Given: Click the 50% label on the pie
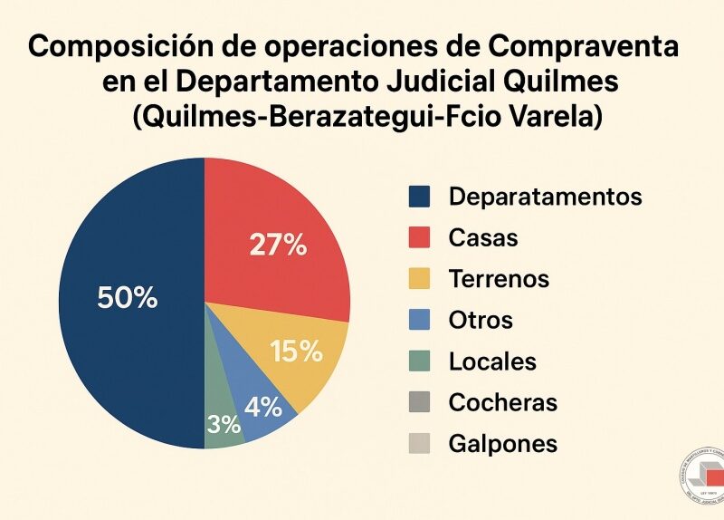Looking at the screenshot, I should point(127,297).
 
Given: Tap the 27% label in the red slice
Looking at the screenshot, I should point(277,245).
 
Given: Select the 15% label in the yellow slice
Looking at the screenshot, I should point(297,351).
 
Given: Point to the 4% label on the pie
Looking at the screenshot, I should point(263,406).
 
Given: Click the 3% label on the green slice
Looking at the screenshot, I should point(223,424).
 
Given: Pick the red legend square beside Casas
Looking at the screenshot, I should point(420,238).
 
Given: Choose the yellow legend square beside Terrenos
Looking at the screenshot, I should point(420,279).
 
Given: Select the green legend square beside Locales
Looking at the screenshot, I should point(420,361).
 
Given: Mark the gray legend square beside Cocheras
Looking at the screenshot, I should point(420,402).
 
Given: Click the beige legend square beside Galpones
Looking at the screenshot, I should point(420,444).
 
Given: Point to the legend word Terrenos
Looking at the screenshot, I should point(499,279).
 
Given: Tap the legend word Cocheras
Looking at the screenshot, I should point(502,402).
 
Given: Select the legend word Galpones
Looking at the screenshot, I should point(502,444).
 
